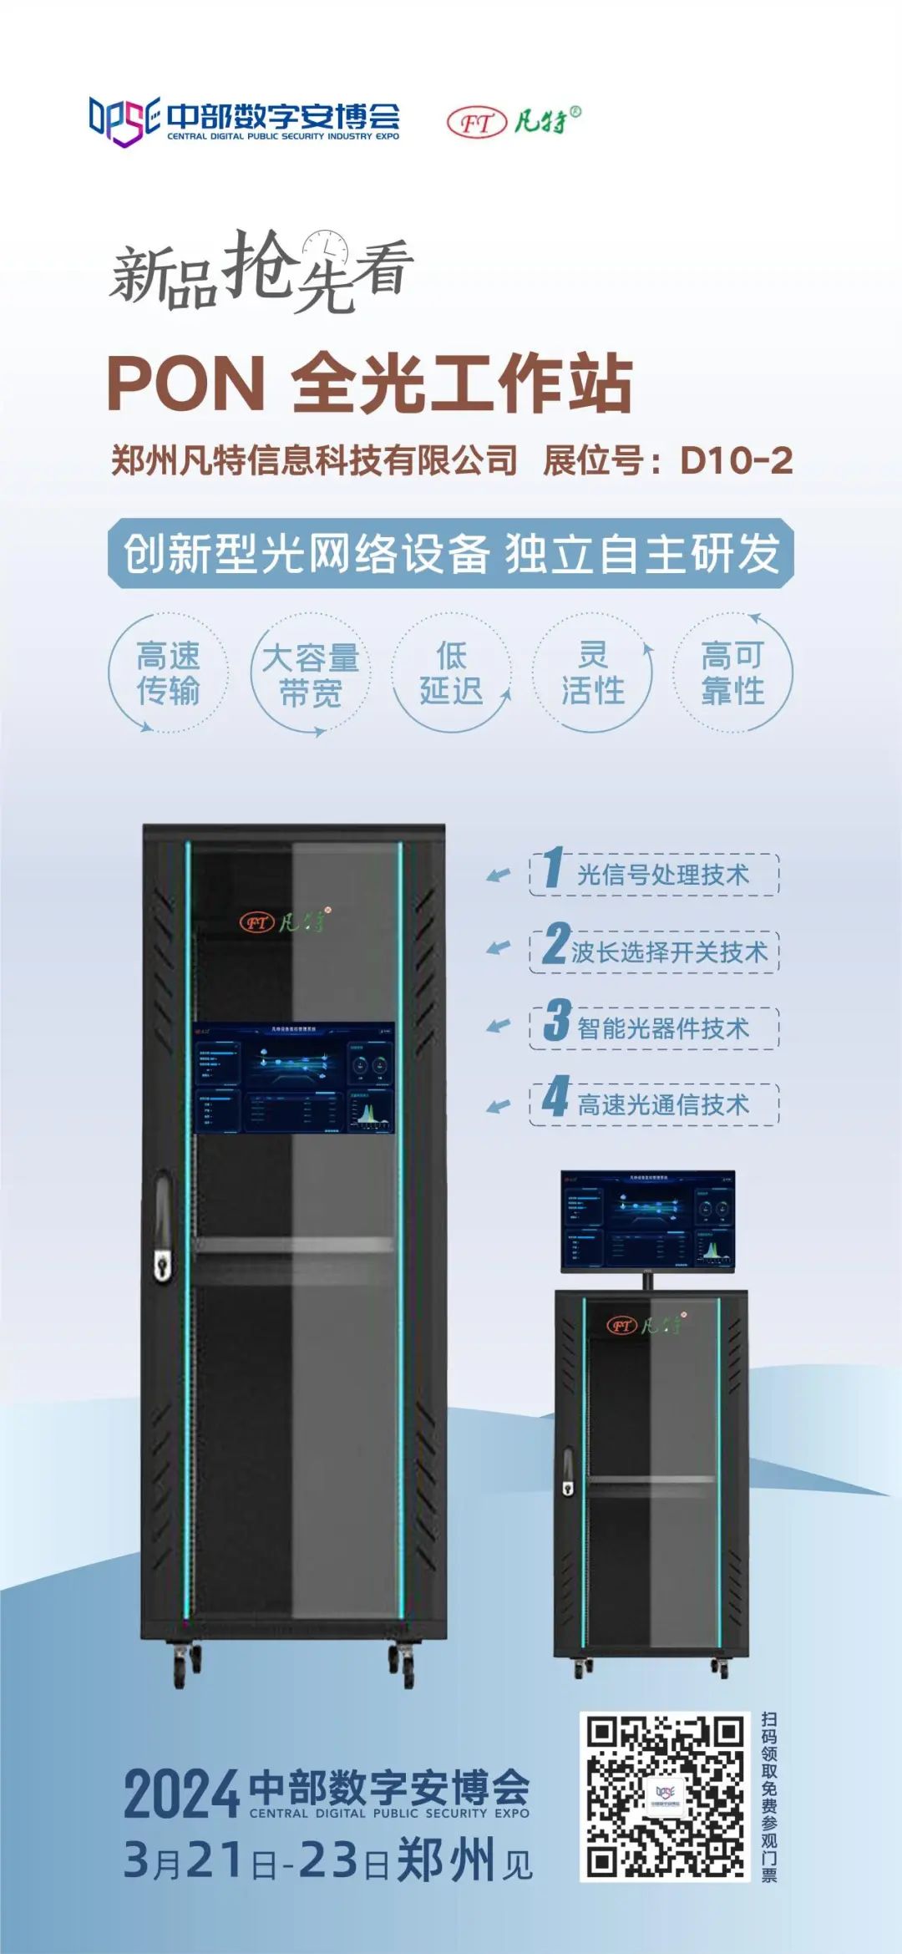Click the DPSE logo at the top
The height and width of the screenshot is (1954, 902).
pyautogui.click(x=124, y=121)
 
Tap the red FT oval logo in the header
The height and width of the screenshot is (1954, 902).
pyautogui.click(x=477, y=123)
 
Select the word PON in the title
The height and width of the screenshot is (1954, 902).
pyautogui.click(x=185, y=383)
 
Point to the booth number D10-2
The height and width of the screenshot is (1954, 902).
pyautogui.click(x=736, y=460)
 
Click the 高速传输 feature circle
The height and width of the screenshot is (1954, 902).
pyautogui.click(x=168, y=673)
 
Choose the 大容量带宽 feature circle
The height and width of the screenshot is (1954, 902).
pyautogui.click(x=310, y=674)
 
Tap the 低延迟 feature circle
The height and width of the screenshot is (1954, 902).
pyautogui.click(x=451, y=673)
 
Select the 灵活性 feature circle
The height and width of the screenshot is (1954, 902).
pyautogui.click(x=592, y=673)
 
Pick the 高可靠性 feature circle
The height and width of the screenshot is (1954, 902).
pyautogui.click(x=733, y=673)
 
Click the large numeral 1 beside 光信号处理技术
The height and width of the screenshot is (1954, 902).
pyautogui.click(x=553, y=868)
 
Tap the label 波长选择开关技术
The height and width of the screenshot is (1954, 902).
pyautogui.click(x=669, y=952)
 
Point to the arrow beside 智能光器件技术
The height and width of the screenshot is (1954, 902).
pyautogui.click(x=499, y=1026)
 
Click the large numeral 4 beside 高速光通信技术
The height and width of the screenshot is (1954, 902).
pyautogui.click(x=555, y=1098)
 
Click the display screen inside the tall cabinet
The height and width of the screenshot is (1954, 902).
pyautogui.click(x=294, y=1078)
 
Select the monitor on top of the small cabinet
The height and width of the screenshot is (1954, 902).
pyautogui.click(x=647, y=1221)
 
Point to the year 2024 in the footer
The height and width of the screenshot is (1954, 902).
pyautogui.click(x=182, y=1795)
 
